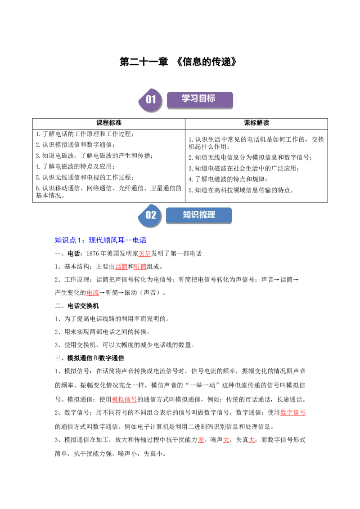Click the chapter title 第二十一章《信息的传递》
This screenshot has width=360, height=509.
click(x=178, y=62)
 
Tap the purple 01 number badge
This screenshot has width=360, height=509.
click(x=150, y=100)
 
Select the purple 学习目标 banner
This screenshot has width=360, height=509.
click(x=200, y=100)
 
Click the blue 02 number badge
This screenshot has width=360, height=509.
click(x=150, y=215)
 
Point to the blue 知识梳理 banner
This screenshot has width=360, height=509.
click(x=199, y=215)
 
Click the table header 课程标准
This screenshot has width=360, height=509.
click(x=109, y=123)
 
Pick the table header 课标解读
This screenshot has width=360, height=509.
click(x=256, y=123)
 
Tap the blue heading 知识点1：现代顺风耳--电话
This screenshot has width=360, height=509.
click(x=100, y=240)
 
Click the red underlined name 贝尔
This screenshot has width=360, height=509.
click(x=144, y=254)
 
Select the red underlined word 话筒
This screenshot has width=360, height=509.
click(x=121, y=267)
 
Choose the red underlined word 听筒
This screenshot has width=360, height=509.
click(x=140, y=267)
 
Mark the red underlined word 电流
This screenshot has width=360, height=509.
click(x=93, y=293)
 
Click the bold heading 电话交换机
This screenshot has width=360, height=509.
click(x=83, y=306)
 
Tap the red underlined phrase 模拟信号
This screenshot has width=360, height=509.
click(x=125, y=399)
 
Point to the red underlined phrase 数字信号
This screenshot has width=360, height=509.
click(x=293, y=413)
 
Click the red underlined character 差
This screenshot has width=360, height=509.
click(x=201, y=440)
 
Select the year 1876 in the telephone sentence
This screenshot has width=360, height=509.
click(x=93, y=254)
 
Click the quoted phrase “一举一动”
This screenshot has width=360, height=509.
click(x=204, y=385)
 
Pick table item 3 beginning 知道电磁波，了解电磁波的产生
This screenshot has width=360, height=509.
click(x=94, y=156)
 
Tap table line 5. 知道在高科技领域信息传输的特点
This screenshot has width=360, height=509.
click(x=241, y=190)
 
